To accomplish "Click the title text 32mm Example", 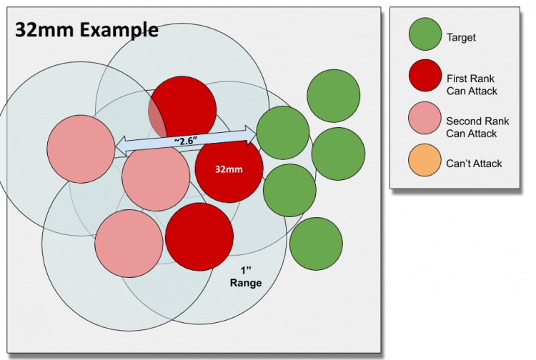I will coord(86,29).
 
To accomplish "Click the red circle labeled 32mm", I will coord(229,169).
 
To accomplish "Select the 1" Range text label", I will coord(246,277).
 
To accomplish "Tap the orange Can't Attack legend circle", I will coord(425,164).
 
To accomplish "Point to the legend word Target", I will coord(461,36).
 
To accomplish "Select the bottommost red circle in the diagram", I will coord(199,237).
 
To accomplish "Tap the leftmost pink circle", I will coord(81,149).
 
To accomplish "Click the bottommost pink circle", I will coord(129,244).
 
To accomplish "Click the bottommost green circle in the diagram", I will coord(315,244).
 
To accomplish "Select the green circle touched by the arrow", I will coord(283,133).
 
